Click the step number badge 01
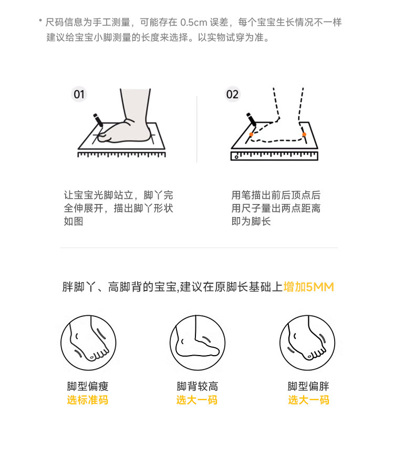[x=79, y=94]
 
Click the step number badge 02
[x=232, y=94]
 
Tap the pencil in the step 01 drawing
[x=98, y=120]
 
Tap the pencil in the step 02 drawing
[x=251, y=120]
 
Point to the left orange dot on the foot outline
[x=251, y=135]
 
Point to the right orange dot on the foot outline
[x=304, y=134]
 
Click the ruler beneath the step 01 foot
[x=122, y=154]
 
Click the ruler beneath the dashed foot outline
[x=274, y=156]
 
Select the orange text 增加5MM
[x=308, y=287]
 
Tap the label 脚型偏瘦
[x=88, y=387]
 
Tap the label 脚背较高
[x=198, y=387]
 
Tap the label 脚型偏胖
[x=308, y=387]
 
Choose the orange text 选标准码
[x=88, y=400]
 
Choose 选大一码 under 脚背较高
[x=197, y=400]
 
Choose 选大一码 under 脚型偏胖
[x=308, y=400]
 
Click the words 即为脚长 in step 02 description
[x=251, y=221]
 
